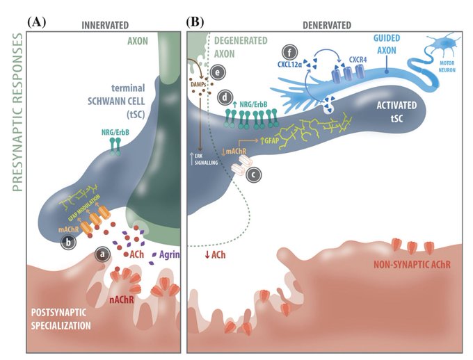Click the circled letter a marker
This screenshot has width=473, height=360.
pyautogui.click(x=103, y=254)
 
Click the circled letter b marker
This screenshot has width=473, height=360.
pyautogui.click(x=68, y=243)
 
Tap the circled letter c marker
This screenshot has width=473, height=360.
pyautogui.click(x=255, y=175)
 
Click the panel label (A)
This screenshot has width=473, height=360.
pyautogui.click(x=37, y=22)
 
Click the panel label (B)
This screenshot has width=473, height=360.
pyautogui.click(x=195, y=22)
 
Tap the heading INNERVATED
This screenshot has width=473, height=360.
pyautogui.click(x=105, y=25)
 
